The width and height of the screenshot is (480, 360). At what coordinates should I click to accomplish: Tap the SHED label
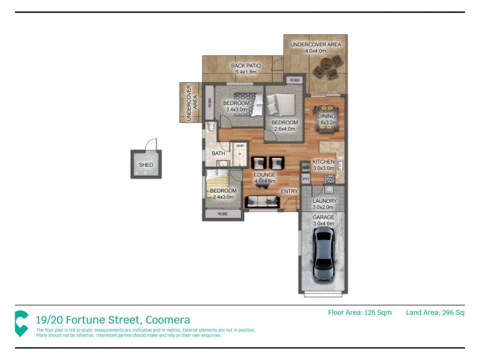click(x=146, y=165)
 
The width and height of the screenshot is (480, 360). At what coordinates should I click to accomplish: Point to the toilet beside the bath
click(x=211, y=126)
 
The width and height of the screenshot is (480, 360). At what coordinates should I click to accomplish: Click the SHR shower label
click(x=239, y=146)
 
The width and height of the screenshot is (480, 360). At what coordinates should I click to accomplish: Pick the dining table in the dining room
click(x=327, y=117)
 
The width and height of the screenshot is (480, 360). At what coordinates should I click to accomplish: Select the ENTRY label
click(x=289, y=191)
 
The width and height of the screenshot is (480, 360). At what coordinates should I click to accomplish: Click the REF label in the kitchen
click(x=305, y=167)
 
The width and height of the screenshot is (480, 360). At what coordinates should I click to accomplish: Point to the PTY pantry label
click(x=305, y=179)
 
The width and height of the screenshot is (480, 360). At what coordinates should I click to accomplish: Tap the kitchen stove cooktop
click(x=330, y=179)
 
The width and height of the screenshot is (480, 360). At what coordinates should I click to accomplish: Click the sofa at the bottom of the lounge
click(x=262, y=201)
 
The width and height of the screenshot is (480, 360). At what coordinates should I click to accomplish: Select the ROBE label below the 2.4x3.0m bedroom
click(x=223, y=214)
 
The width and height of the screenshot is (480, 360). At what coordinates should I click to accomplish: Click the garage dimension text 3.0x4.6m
click(x=324, y=223)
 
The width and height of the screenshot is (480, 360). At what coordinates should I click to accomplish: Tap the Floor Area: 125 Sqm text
click(x=359, y=312)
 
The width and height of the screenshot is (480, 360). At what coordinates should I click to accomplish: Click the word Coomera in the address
click(x=164, y=320)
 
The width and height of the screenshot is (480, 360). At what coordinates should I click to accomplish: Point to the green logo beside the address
click(x=22, y=323)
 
